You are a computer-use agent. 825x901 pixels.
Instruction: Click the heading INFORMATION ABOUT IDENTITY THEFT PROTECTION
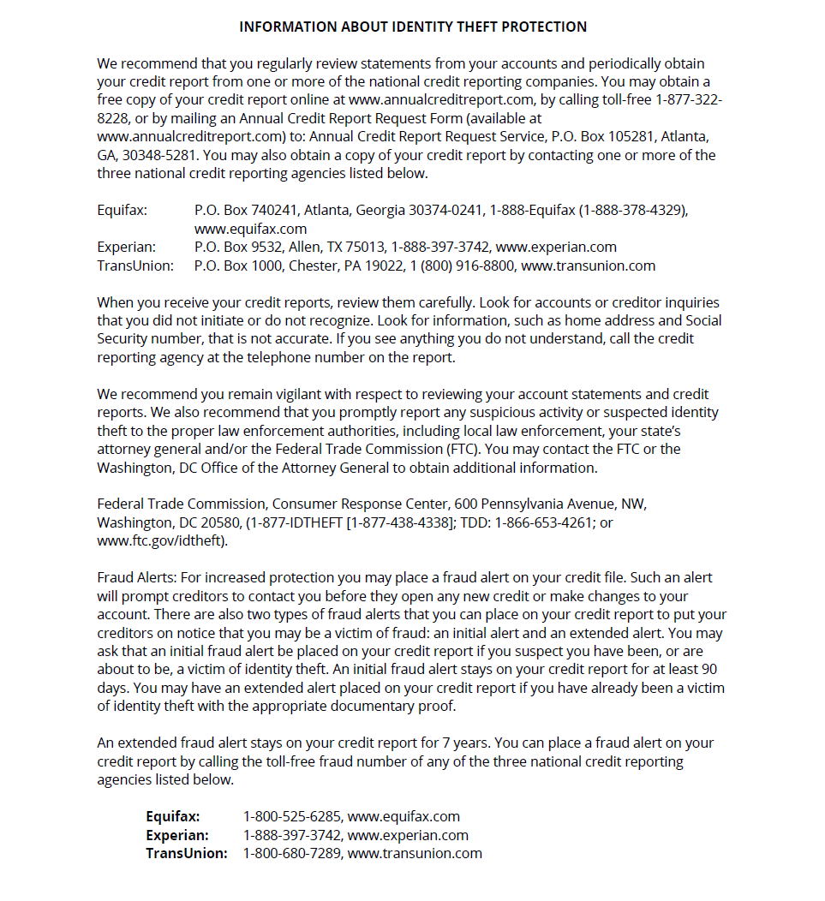(413, 27)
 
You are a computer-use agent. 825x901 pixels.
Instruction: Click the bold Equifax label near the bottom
(172, 816)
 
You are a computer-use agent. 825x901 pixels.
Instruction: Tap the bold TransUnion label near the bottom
(186, 853)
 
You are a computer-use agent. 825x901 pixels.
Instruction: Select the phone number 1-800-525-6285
(290, 816)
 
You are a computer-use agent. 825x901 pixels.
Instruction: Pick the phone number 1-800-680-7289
(290, 853)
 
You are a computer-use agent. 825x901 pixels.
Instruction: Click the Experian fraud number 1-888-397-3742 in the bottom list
(290, 835)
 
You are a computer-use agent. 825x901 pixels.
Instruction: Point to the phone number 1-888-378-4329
(633, 210)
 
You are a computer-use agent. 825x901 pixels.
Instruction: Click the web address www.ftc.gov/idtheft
(160, 540)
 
